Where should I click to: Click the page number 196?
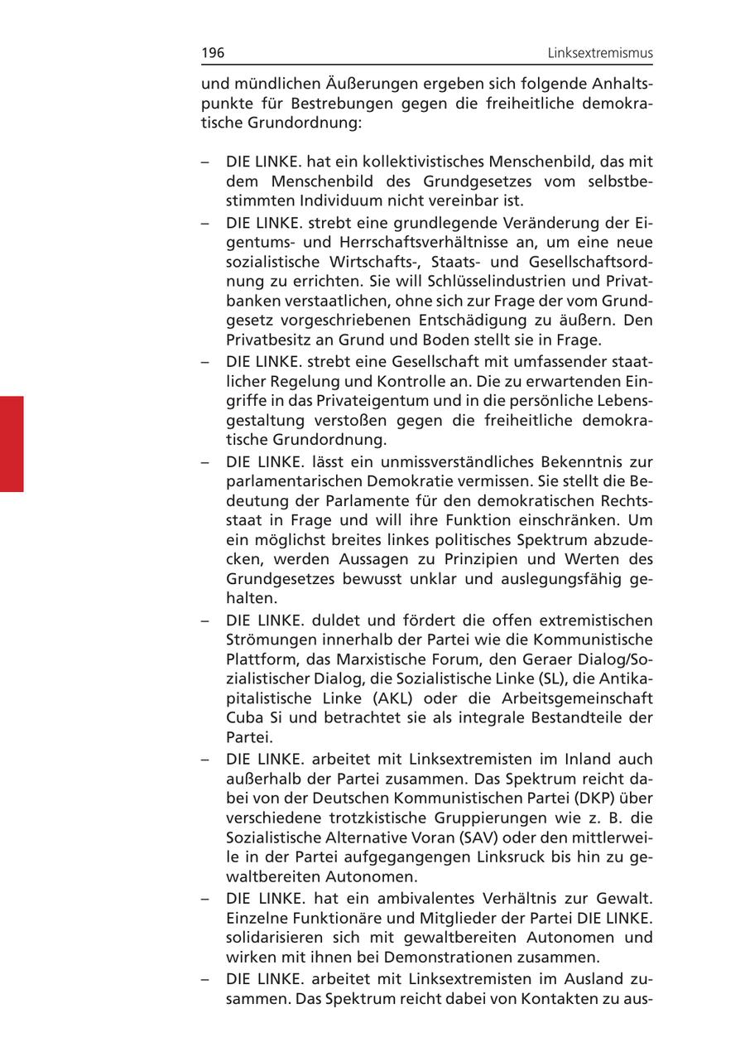click(x=213, y=54)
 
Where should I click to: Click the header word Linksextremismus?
click(x=600, y=54)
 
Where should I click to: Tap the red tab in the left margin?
click(x=12, y=444)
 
